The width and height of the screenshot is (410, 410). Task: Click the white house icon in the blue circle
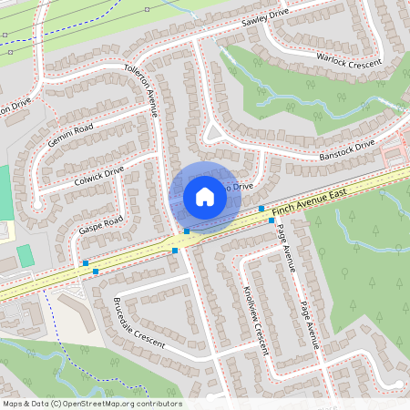[205, 197]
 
